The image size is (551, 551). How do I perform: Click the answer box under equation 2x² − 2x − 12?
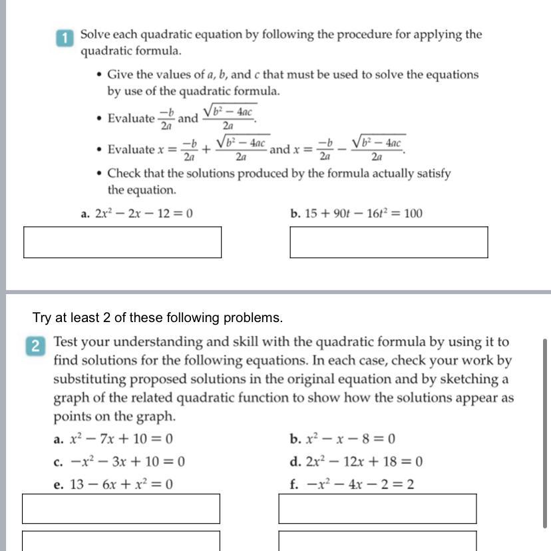(x=122, y=242)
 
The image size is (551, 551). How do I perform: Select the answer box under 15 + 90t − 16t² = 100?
(x=389, y=242)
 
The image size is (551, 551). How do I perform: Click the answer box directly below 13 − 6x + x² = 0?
(x=121, y=508)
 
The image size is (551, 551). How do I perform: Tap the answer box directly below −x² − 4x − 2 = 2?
(x=377, y=508)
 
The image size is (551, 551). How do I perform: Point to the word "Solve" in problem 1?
(x=96, y=34)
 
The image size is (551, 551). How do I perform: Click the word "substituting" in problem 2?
(x=90, y=379)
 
